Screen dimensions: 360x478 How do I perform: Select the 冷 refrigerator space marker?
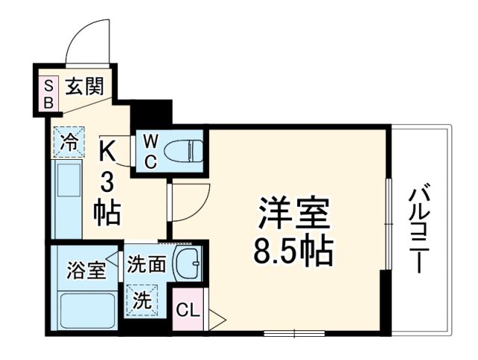click(68, 142)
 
